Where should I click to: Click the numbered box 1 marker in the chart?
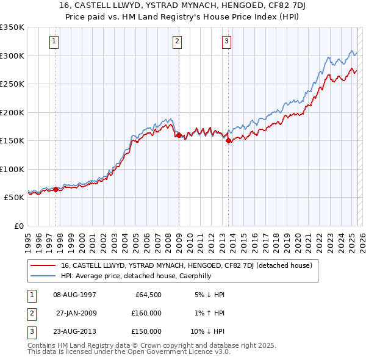(x=54, y=41)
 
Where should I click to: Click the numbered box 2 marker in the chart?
(x=177, y=41)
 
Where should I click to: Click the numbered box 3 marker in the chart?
(x=226, y=41)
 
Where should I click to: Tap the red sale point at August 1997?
(x=56, y=189)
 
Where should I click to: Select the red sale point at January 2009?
(x=179, y=135)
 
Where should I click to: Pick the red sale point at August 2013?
(x=228, y=140)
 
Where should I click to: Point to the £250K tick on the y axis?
(x=12, y=84)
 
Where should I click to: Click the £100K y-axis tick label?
(x=12, y=169)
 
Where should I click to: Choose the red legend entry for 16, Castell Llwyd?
(x=187, y=265)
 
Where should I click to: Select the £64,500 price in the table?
(x=148, y=295)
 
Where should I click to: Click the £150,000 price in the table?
(x=146, y=331)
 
